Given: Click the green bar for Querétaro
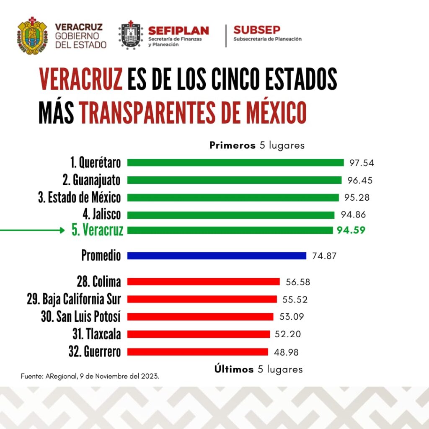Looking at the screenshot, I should click(x=235, y=163).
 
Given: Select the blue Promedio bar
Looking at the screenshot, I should click(x=217, y=256).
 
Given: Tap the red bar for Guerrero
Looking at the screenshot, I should click(x=197, y=352).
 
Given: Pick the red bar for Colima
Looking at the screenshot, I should click(x=203, y=282).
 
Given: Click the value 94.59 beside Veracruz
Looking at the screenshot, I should click(x=351, y=230).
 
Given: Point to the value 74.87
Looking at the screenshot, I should click(x=324, y=256).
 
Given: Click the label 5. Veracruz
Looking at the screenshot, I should click(x=97, y=230).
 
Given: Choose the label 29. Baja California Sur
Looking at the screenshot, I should click(x=74, y=299).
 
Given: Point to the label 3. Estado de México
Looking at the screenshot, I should click(x=80, y=197).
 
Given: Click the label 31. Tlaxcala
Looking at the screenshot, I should click(x=96, y=334).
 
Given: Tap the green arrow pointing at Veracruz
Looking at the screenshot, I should click(x=32, y=230).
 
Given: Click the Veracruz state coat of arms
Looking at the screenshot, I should click(x=32, y=36).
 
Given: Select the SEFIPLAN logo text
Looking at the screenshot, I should click(x=178, y=31).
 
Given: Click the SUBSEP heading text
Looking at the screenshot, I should click(x=257, y=30).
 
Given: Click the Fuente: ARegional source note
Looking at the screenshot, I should click(x=90, y=376).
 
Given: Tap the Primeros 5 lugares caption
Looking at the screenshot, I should click(x=257, y=145).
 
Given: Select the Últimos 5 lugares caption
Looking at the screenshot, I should click(x=258, y=369).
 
